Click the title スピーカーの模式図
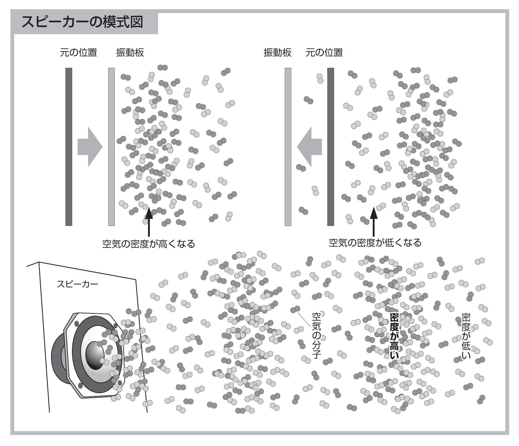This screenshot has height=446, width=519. pyautogui.click(x=82, y=22)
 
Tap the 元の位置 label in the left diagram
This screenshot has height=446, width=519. pyautogui.click(x=78, y=53)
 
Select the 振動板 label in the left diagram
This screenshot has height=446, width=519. pyautogui.click(x=130, y=53)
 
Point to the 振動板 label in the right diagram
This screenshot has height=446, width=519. pyautogui.click(x=277, y=53)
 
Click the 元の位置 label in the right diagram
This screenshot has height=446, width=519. pyautogui.click(x=324, y=53)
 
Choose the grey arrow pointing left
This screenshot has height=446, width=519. pyautogui.click(x=309, y=147)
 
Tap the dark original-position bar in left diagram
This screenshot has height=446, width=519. pyautogui.click(x=69, y=147)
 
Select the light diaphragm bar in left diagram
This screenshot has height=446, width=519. pyautogui.click(x=111, y=147)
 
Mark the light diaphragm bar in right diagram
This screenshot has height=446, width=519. pyautogui.click(x=288, y=147)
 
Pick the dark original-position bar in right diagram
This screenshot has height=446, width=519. pyautogui.click(x=331, y=147)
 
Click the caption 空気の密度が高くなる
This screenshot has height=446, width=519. pyautogui.click(x=149, y=244)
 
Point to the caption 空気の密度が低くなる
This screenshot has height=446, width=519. pyautogui.click(x=375, y=243)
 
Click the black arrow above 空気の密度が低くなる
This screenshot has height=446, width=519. pyautogui.click(x=374, y=222)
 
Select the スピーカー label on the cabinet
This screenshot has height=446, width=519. pyautogui.click(x=77, y=284)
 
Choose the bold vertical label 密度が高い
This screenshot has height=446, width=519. pyautogui.click(x=394, y=336)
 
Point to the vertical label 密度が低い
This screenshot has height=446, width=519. pyautogui.click(x=466, y=336)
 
